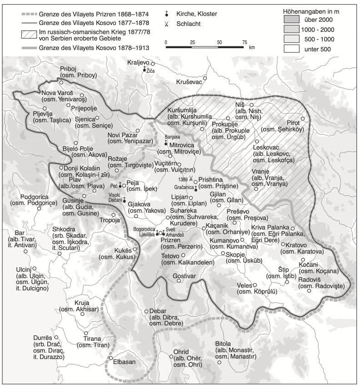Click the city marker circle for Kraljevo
point(153,64)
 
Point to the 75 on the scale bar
point(245,41)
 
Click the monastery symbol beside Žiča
point(145,69)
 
